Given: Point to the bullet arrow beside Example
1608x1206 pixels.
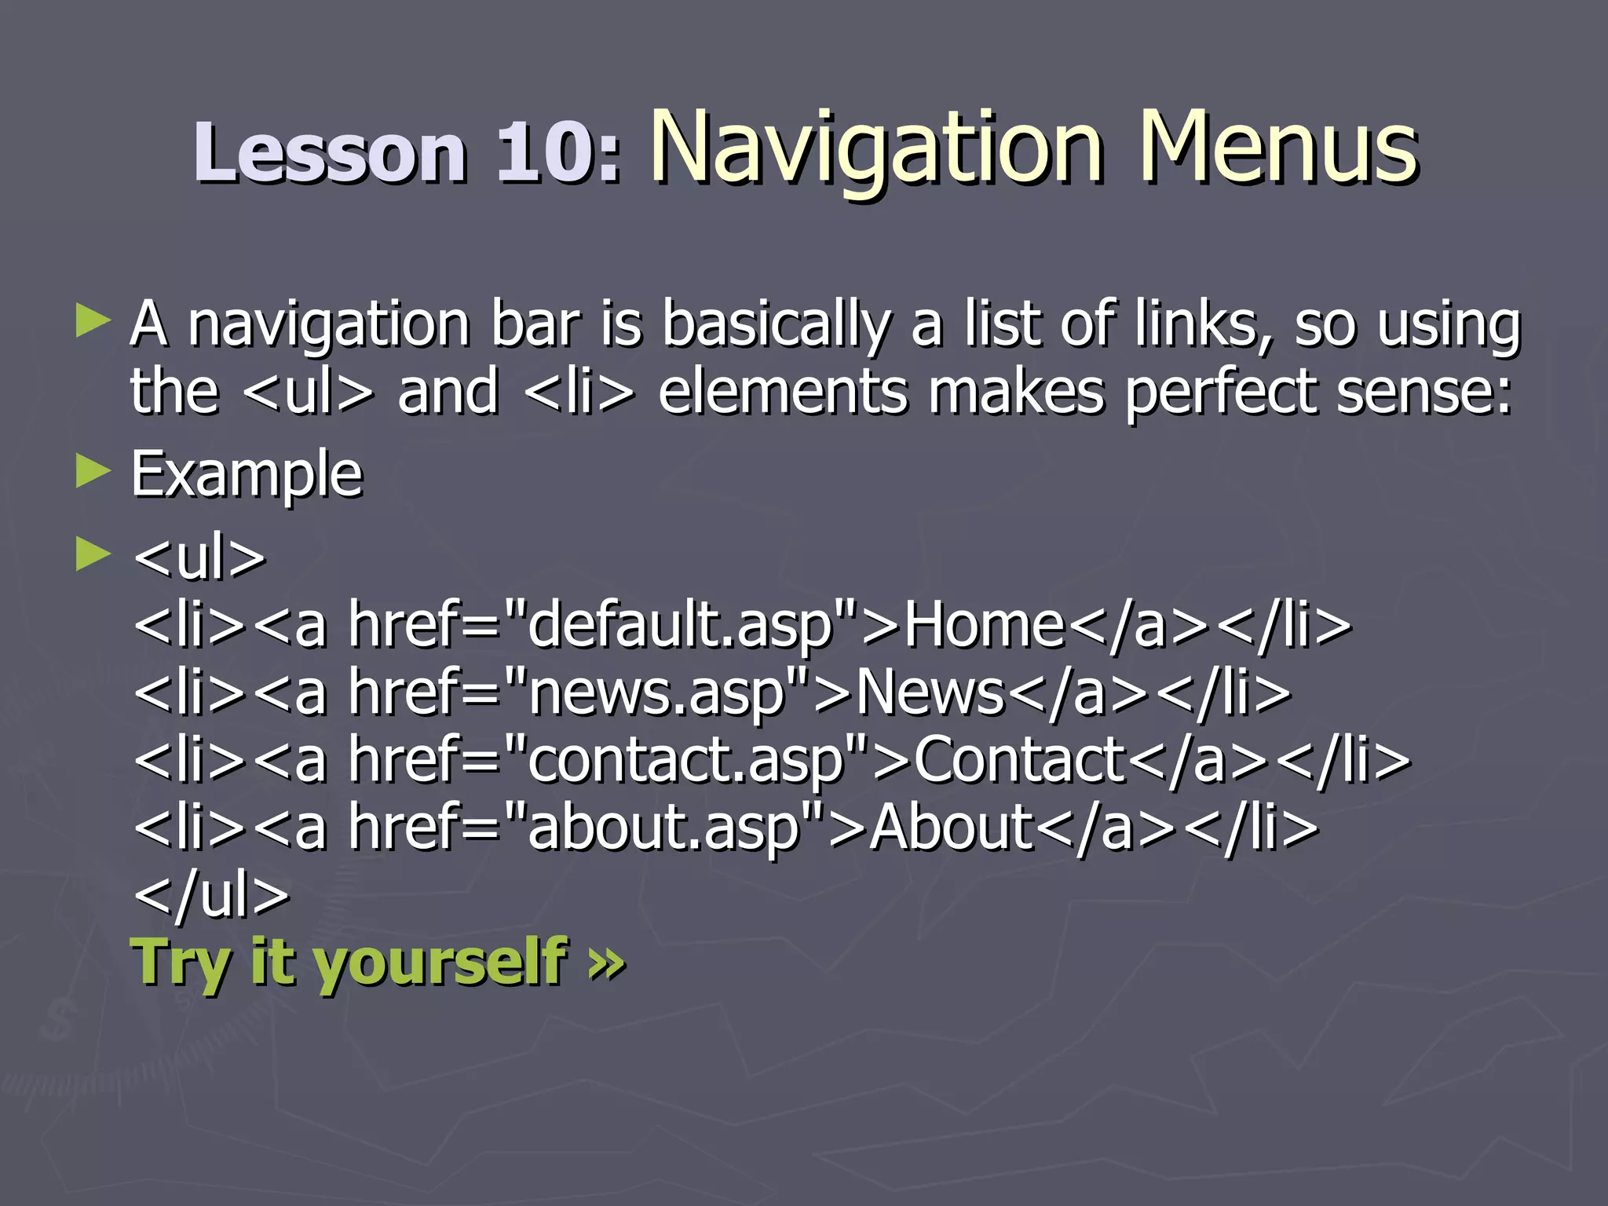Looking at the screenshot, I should [93, 473].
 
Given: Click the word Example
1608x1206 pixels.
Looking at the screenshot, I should [247, 475].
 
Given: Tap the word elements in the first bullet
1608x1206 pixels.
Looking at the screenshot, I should [783, 392].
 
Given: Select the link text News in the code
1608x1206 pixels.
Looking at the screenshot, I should [930, 693].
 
